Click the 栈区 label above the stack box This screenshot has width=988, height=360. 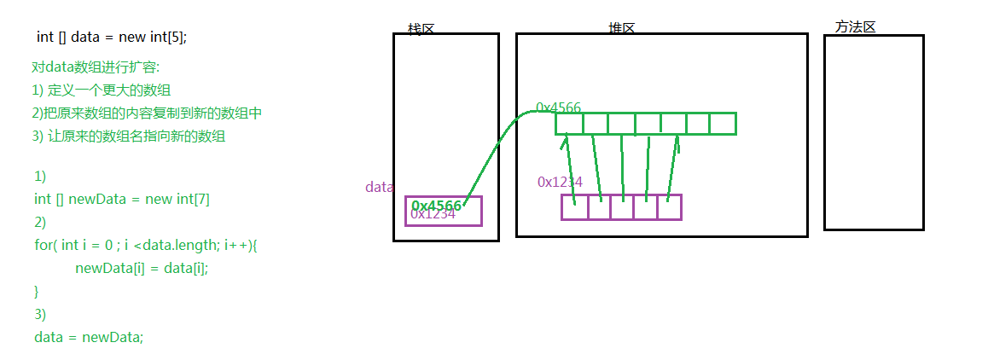(421, 29)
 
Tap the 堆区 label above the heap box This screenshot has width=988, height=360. (621, 28)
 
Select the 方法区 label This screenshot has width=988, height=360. (855, 27)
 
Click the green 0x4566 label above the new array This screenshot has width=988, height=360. (558, 108)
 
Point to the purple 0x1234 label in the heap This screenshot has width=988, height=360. (560, 182)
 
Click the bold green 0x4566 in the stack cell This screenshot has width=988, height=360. (437, 206)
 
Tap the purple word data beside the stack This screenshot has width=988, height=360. (379, 187)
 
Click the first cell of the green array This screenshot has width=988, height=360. (569, 124)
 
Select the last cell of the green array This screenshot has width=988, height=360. (723, 124)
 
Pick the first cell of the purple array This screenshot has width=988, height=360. (574, 207)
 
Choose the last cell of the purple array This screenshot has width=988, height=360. (669, 207)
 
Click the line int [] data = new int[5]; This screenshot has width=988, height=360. (111, 37)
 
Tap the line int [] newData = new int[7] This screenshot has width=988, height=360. (122, 199)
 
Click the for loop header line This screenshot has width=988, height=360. (146, 245)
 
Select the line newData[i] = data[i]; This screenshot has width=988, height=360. (142, 268)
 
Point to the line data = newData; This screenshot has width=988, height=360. (89, 337)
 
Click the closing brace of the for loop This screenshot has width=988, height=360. (37, 291)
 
